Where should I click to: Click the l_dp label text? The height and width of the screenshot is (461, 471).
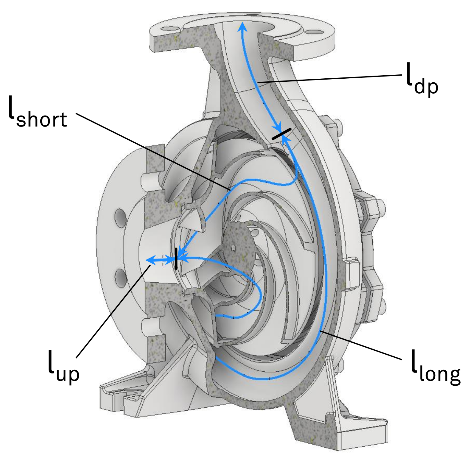tap(422, 79)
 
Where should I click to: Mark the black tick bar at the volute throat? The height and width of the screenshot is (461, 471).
tap(281, 134)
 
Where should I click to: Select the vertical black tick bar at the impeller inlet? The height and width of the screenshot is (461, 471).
tap(176, 259)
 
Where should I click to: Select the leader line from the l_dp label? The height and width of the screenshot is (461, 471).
tap(330, 79)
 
